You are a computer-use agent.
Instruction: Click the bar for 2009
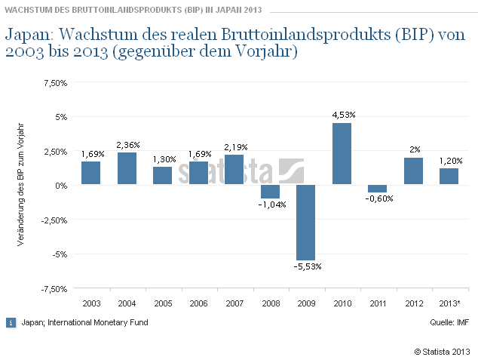tap(305, 223)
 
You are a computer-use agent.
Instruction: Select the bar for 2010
tap(342, 154)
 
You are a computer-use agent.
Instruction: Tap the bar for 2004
tap(127, 168)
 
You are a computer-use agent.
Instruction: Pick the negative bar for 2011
tap(377, 189)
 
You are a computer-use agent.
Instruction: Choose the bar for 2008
tap(270, 192)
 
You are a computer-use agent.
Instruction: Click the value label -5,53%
tap(305, 267)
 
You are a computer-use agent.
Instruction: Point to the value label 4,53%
tap(343, 114)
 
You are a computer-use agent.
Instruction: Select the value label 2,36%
tap(128, 144)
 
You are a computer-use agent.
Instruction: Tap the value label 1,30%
tap(164, 158)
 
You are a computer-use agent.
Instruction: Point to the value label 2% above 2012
tap(415, 149)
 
